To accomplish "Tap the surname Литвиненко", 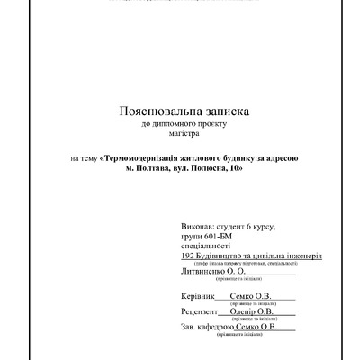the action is point(206,269).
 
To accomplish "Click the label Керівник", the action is point(199,296).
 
